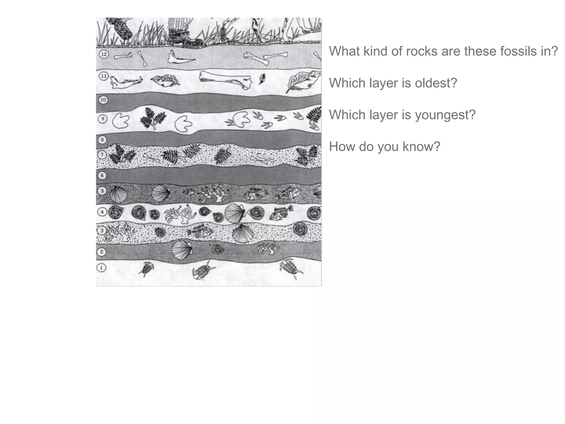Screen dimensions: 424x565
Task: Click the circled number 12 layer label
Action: point(104,54)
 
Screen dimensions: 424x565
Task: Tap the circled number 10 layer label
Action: point(103,100)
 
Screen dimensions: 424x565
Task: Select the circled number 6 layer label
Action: point(102,176)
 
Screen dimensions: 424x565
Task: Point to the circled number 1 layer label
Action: point(102,268)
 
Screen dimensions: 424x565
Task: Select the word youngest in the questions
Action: point(445,115)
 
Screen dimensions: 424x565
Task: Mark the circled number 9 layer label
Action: point(102,119)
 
